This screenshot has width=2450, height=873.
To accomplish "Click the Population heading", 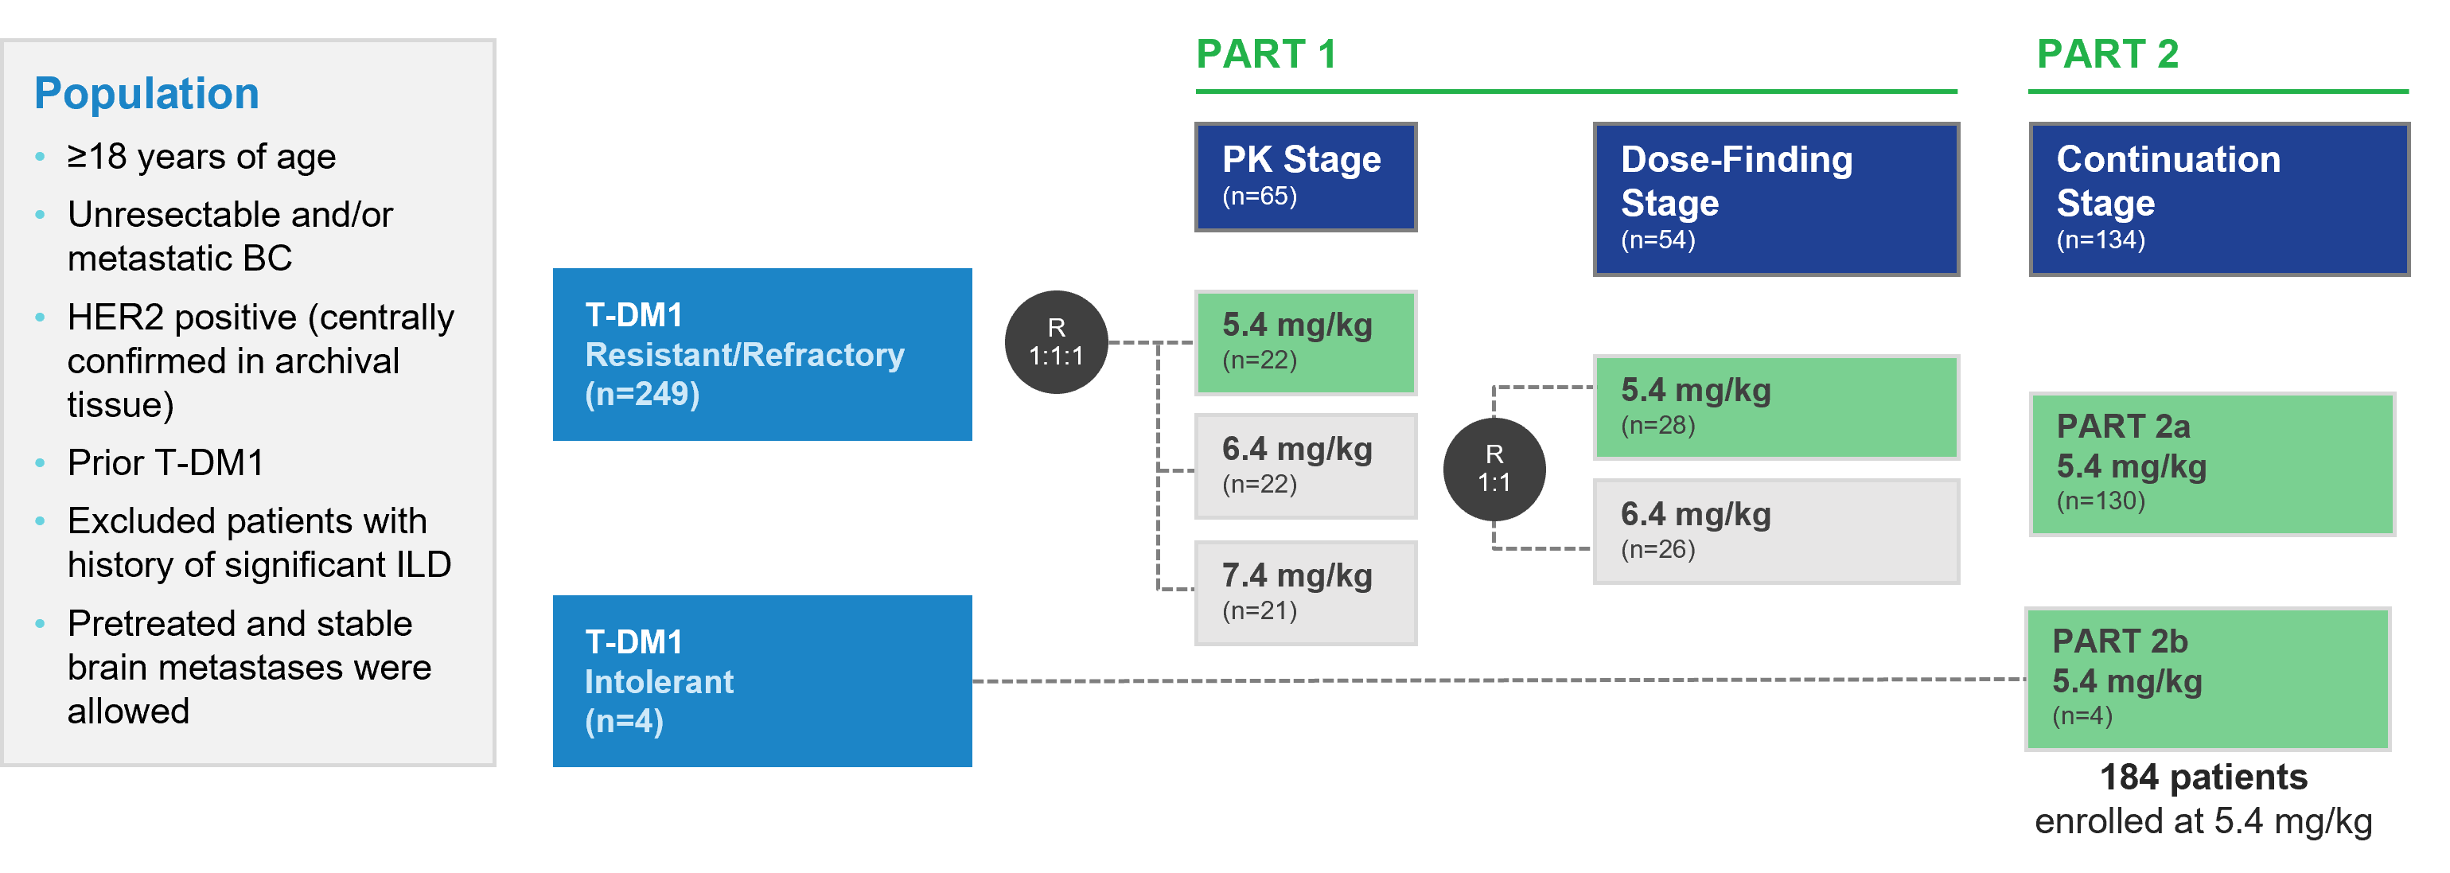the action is point(146,93).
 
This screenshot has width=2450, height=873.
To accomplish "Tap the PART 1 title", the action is point(1266,54).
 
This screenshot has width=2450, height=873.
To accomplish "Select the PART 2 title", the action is point(2108,54).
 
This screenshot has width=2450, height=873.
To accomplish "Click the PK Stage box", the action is point(1306,177).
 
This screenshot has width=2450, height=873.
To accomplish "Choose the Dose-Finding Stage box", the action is point(1777,199).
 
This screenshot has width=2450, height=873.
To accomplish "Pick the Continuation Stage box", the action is point(2219,199).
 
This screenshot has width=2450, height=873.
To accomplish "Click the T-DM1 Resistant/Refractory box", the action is point(761,354).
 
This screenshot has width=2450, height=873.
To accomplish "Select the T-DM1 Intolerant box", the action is point(761,681).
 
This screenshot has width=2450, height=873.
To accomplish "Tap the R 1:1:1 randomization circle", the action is point(1057,342).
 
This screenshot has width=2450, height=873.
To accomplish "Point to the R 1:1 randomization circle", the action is point(1494,469).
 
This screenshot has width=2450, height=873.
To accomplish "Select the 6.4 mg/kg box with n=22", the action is point(1306,466).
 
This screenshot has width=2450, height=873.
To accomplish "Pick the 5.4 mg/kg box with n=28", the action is point(1777,407).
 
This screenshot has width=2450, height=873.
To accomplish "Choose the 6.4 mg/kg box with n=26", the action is point(1777,532).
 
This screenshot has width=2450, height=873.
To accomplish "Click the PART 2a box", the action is point(2212,464).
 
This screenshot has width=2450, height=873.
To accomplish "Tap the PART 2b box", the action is point(2208,679).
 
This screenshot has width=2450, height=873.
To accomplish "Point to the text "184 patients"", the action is point(2203,777).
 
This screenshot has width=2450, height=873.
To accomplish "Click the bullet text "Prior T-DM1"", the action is point(166,463).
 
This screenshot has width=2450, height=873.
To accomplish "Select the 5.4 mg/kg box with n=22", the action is point(1306,342).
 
